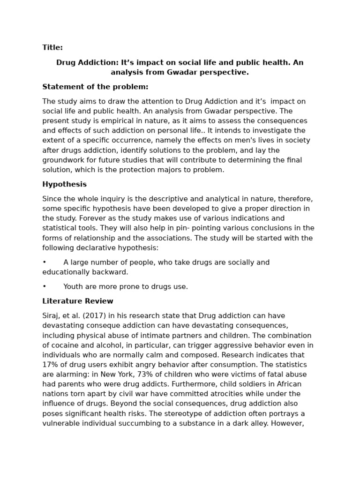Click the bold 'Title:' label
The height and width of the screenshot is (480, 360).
pyautogui.click(x=52, y=47)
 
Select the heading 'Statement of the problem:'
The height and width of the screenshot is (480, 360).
pyautogui.click(x=95, y=87)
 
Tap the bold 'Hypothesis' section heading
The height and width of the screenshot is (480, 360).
pyautogui.click(x=64, y=184)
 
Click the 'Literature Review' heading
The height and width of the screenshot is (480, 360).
pyautogui.click(x=78, y=301)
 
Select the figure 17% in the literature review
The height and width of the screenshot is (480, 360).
pyautogui.click(x=51, y=365)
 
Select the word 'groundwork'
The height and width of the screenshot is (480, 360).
pyautogui.click(x=63, y=160)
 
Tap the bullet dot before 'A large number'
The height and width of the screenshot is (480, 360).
pyautogui.click(x=45, y=262)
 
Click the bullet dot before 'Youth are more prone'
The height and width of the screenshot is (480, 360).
pyautogui.click(x=45, y=287)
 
